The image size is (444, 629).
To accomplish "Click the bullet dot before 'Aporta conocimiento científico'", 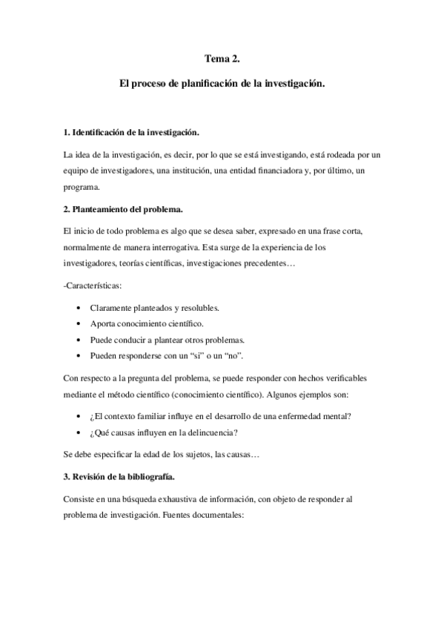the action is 79,324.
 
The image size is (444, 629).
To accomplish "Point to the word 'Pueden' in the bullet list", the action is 104,356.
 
